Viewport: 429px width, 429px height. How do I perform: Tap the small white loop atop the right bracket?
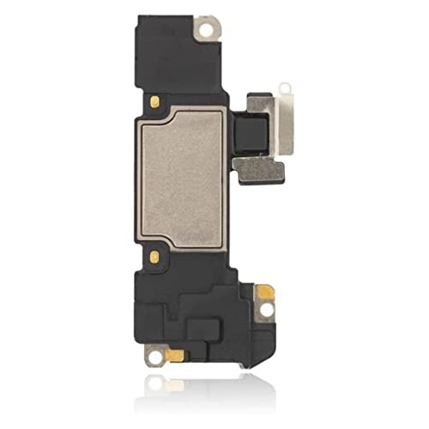[x=283, y=88]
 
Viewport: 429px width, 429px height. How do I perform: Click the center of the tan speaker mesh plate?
[x=182, y=178]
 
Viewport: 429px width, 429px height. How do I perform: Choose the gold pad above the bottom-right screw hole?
[x=266, y=293]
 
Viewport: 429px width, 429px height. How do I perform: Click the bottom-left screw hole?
[x=155, y=350]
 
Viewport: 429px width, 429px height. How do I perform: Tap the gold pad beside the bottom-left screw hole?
[x=174, y=353]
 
